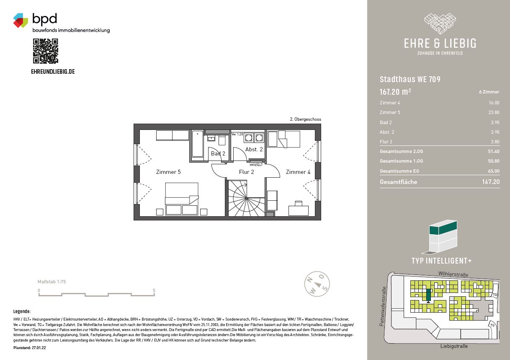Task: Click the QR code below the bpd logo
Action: [46, 51]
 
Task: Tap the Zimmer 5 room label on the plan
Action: [168, 172]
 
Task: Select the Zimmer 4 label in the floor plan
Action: [298, 172]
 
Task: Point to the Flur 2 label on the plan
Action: [246, 172]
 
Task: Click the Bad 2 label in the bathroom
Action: [218, 153]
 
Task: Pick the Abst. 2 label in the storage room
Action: [254, 150]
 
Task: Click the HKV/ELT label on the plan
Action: [256, 165]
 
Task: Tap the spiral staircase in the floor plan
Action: [247, 198]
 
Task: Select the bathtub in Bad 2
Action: [197, 144]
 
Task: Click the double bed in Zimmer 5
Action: [182, 199]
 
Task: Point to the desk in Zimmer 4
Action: [299, 211]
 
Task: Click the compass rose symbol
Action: [317, 284]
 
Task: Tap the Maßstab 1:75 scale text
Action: [52, 282]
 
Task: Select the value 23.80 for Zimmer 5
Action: [494, 112]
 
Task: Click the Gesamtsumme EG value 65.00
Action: [494, 171]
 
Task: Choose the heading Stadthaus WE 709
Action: [410, 79]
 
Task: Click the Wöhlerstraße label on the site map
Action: [453, 274]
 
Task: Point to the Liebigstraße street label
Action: [454, 346]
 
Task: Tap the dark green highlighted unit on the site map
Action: [428, 295]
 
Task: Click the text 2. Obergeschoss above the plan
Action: [305, 119]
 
